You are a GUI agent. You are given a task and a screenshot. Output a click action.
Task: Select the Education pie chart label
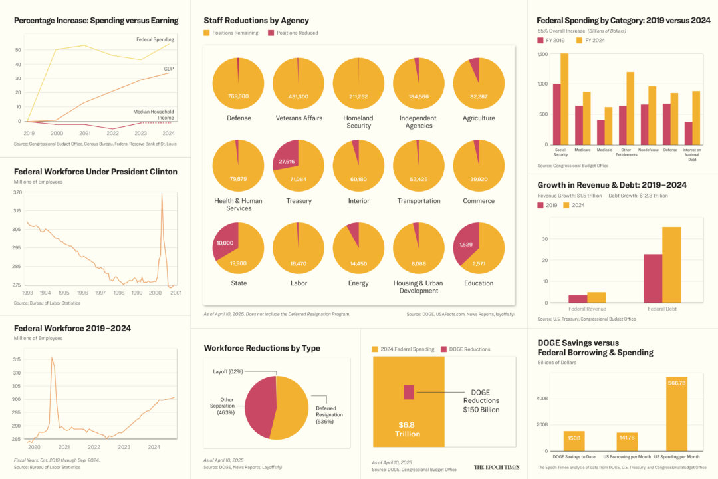(x=479, y=283)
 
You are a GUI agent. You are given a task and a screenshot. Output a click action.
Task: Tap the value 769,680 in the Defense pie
(x=237, y=97)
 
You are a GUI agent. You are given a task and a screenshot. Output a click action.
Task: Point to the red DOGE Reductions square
(x=409, y=392)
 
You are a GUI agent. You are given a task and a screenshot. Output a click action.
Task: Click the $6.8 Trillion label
(x=408, y=429)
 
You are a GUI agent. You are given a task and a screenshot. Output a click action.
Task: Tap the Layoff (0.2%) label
(x=227, y=371)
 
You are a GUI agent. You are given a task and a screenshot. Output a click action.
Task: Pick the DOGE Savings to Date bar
(x=574, y=440)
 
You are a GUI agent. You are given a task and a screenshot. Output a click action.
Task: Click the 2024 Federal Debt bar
(x=671, y=265)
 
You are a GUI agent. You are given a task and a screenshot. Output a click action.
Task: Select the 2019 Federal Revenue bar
(x=578, y=299)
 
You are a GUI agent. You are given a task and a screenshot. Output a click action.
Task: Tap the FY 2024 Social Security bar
(x=564, y=99)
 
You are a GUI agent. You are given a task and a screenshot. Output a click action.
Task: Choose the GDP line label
(x=169, y=69)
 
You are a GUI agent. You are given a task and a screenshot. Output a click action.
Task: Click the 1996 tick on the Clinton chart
(x=82, y=293)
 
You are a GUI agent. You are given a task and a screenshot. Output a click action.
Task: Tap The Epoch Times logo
(x=496, y=467)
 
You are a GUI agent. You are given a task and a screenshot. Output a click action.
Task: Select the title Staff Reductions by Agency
(x=256, y=21)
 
